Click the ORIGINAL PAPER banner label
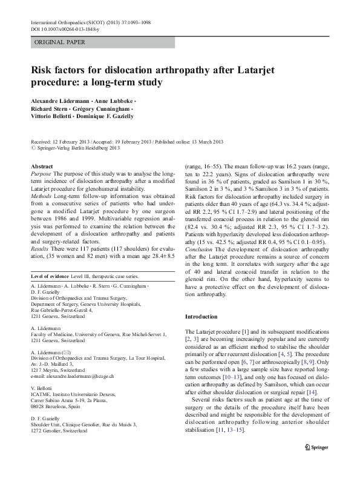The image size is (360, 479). [59, 42]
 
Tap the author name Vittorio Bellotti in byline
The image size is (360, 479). [53, 115]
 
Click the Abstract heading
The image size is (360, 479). [42, 165]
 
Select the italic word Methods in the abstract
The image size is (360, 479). [41, 197]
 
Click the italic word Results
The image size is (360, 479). [40, 248]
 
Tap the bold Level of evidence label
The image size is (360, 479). [51, 276]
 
